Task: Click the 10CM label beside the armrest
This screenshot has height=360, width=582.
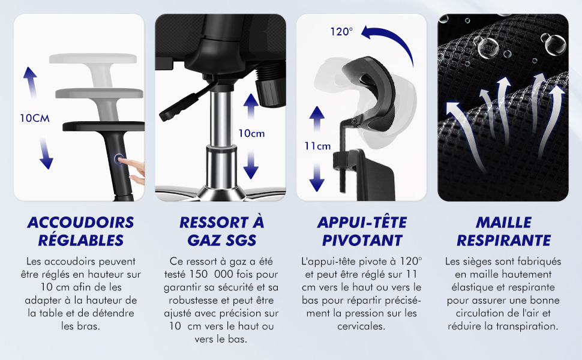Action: (35, 118)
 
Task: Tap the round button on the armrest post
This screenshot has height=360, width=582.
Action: (119, 160)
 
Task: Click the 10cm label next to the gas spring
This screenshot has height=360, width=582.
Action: (251, 133)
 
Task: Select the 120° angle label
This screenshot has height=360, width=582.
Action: (341, 32)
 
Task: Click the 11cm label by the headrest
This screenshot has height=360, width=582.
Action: (318, 146)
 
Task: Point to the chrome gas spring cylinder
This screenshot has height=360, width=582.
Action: (221, 137)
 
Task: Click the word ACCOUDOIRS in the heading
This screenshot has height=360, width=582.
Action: (80, 223)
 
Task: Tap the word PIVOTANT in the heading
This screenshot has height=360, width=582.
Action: (362, 241)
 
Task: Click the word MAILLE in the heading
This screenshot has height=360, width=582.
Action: (503, 223)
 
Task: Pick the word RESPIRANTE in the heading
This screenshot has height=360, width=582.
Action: (503, 241)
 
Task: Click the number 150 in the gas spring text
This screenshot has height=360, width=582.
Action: (199, 274)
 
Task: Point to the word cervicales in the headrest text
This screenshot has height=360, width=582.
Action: (361, 326)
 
